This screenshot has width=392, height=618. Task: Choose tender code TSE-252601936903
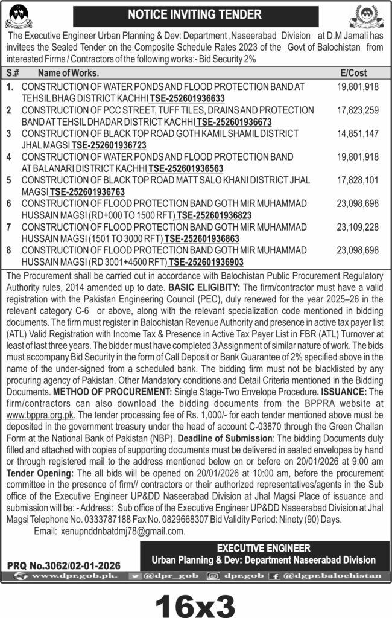pyautogui.click(x=206, y=262)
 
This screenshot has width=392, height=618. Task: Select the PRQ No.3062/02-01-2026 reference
pyautogui.click(x=63, y=565)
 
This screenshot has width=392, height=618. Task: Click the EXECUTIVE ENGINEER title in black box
pyautogui.click(x=264, y=548)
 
